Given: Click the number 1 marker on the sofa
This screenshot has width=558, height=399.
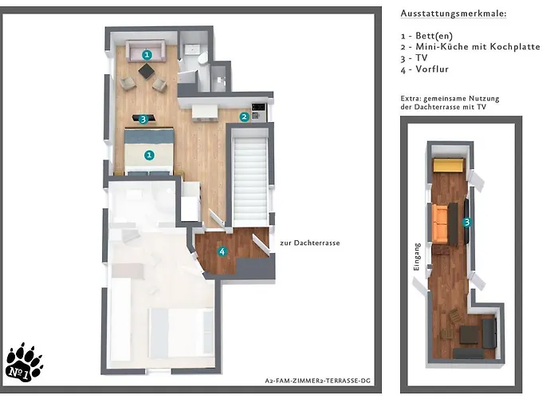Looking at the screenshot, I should click(x=147, y=54).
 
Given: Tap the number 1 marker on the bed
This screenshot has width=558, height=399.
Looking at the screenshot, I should click(x=149, y=155).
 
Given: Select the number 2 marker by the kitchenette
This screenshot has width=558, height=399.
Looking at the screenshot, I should click(x=244, y=117).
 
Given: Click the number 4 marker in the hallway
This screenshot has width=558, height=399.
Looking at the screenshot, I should click(x=222, y=251).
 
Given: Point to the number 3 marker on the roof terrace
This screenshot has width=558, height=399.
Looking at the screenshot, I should click(x=467, y=223).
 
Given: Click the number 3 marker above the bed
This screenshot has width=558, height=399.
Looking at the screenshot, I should click(x=143, y=120).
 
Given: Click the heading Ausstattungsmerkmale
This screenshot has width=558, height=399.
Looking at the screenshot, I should click(x=453, y=14).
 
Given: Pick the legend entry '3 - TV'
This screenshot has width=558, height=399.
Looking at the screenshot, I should click(x=418, y=58).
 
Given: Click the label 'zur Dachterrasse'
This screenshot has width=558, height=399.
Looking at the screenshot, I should click(x=309, y=243).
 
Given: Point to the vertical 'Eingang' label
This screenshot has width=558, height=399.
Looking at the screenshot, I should click(x=415, y=256).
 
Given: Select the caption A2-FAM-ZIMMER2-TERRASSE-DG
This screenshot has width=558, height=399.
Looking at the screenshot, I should click(x=317, y=382).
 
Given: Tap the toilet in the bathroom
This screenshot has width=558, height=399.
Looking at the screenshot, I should click(x=202, y=58).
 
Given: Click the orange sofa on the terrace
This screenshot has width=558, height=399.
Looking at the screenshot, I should click(x=438, y=223).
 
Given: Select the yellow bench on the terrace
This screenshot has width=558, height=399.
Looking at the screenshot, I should click(x=450, y=166).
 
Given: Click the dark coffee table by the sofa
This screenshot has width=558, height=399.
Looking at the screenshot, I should click(x=147, y=71).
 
